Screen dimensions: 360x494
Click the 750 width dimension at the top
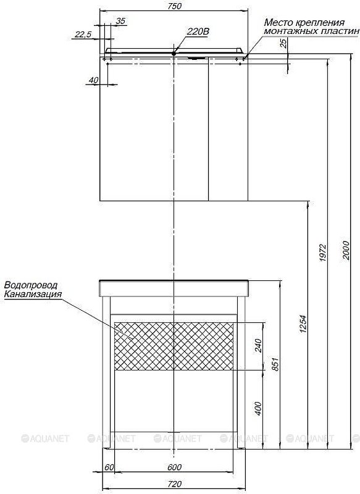click(x=175, y=6)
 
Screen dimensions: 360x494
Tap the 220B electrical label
click(x=198, y=31)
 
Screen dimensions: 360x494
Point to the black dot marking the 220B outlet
click(x=174, y=53)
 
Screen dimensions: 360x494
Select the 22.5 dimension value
click(x=83, y=34)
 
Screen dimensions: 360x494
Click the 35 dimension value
click(x=120, y=21)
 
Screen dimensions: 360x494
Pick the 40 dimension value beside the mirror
click(x=93, y=80)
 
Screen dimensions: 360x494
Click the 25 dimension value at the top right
click(x=284, y=43)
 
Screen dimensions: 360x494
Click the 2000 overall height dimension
click(x=346, y=250)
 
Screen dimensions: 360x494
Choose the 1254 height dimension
click(x=303, y=324)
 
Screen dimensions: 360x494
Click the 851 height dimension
click(x=275, y=364)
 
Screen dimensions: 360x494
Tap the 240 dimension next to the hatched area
click(x=258, y=346)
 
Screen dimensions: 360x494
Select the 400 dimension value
click(x=258, y=408)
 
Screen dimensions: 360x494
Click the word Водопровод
click(x=31, y=285)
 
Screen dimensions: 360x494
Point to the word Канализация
click(x=33, y=295)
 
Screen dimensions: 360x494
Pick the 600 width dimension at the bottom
click(x=174, y=467)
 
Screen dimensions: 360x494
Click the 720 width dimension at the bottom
click(x=175, y=484)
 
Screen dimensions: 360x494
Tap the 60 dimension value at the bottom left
click(x=109, y=467)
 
